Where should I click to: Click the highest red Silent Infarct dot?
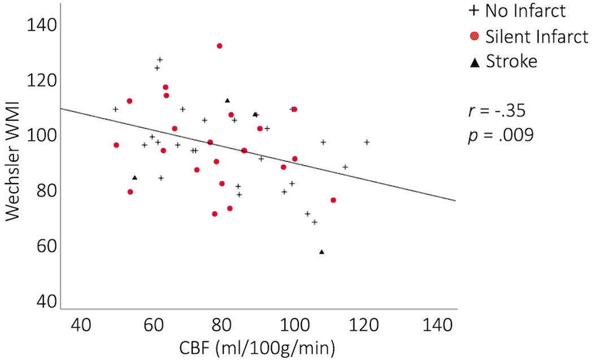click(x=220, y=46)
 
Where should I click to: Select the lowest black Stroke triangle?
click(x=321, y=252)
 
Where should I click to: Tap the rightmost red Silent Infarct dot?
click(x=333, y=200)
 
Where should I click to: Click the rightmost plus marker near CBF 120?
click(x=367, y=142)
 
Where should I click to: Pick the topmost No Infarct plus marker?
click(x=160, y=59)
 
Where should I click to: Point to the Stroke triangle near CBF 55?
click(x=134, y=177)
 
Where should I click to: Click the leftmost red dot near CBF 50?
click(x=116, y=145)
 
